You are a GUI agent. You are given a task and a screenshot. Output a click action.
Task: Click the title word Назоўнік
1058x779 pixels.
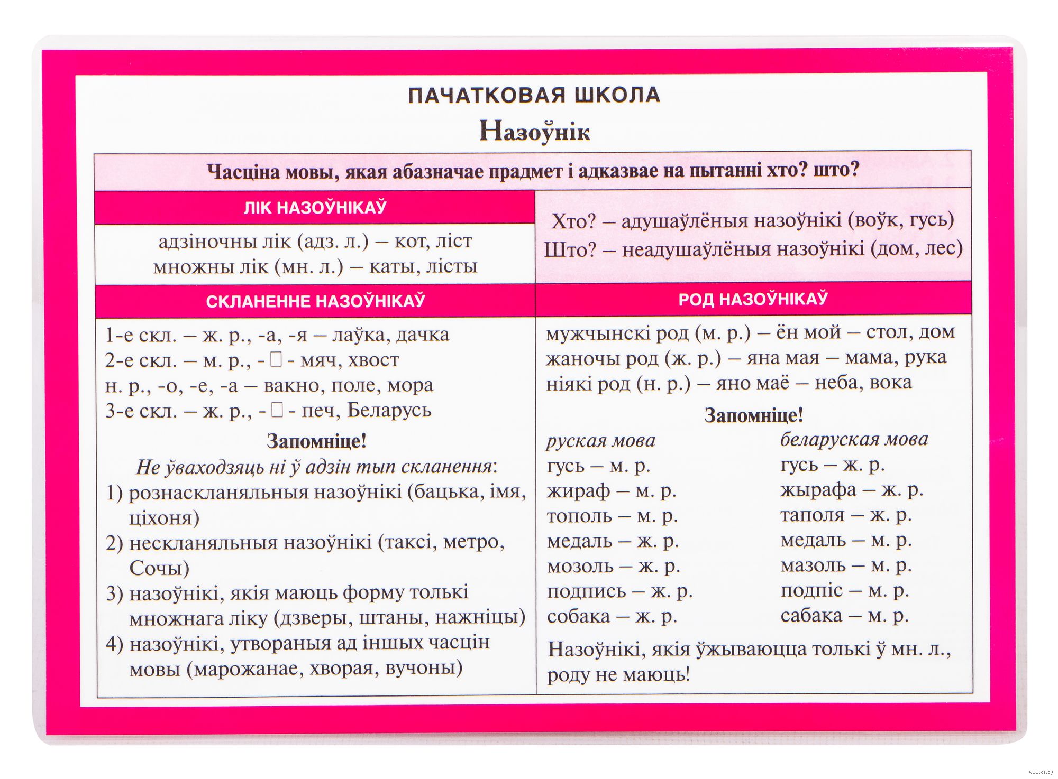pos(534,131)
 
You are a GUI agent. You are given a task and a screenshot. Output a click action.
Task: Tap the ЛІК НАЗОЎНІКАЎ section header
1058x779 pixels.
pos(315,207)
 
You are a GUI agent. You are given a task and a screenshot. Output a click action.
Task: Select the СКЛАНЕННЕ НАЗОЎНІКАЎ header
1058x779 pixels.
pos(315,301)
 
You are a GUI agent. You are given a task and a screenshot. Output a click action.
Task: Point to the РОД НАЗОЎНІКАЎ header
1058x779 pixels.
pos(753,299)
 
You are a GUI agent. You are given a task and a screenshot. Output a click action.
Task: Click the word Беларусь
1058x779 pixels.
pos(389,410)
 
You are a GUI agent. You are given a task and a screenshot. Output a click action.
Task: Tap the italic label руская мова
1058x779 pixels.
pos(600,440)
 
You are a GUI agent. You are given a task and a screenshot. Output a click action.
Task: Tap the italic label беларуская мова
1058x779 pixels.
pos(854,439)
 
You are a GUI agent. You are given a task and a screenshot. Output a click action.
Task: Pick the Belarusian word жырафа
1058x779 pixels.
pos(818,490)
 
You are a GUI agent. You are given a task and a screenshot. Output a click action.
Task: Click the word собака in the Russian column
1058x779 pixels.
pos(578,616)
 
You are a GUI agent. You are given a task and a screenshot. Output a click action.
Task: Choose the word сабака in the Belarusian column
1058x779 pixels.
pos(811,615)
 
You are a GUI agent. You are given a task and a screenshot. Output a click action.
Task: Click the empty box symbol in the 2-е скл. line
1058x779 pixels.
pos(276,360)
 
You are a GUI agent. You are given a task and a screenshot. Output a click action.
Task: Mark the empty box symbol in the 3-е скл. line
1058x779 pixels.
pos(277,410)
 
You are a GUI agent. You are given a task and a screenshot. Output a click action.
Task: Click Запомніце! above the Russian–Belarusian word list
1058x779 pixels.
pos(753,415)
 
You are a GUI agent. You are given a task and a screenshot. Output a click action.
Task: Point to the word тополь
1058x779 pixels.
pos(579,516)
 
